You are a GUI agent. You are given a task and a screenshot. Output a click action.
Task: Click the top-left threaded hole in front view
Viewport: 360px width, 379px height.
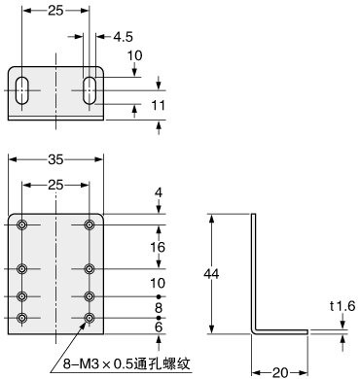tap(21, 226)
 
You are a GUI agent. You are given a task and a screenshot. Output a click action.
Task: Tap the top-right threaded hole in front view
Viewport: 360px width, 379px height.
tap(90, 226)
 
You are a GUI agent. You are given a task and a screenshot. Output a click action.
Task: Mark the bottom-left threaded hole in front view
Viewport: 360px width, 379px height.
tap(21, 318)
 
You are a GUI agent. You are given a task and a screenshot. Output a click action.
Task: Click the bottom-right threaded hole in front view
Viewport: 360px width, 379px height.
tap(90, 318)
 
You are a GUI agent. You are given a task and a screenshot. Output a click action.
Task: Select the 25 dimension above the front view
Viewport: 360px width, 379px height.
tap(54, 184)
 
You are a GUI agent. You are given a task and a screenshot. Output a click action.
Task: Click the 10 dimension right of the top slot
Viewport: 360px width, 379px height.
tap(134, 57)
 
